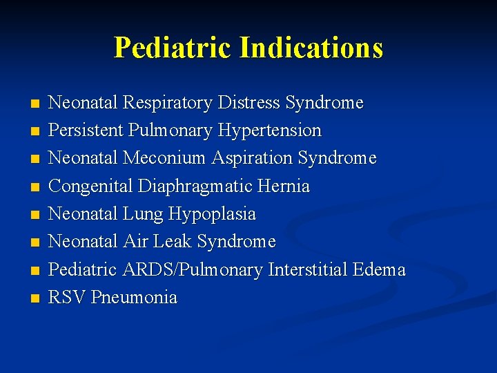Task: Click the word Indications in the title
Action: [311, 48]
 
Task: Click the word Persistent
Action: [84, 131]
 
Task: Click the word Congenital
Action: [91, 186]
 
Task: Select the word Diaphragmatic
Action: [202, 186]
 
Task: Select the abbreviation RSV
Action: [68, 298]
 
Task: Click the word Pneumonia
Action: [134, 298]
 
